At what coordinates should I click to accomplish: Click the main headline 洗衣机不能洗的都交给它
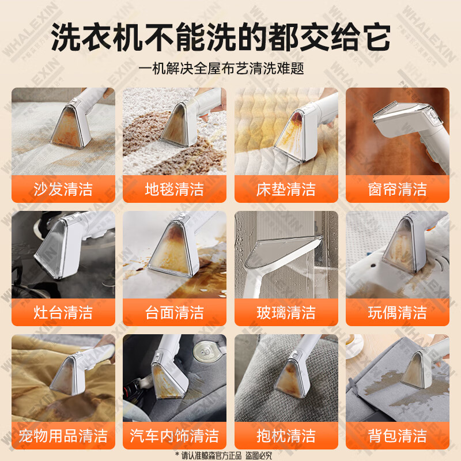pos(221,37)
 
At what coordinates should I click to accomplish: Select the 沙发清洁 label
pos(63,189)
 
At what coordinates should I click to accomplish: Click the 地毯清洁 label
pos(174,189)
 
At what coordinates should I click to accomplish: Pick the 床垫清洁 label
pos(286,189)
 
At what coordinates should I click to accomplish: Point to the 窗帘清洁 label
pos(397,189)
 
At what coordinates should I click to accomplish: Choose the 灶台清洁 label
pos(63,312)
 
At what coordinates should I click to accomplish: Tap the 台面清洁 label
pos(174,312)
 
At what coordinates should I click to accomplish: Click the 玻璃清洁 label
pos(286,312)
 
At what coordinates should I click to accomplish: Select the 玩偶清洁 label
pos(397,312)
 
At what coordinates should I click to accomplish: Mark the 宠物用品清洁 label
pos(63,435)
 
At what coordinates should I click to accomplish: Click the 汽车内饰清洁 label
pos(174,435)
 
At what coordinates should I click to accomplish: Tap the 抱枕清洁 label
pos(286,435)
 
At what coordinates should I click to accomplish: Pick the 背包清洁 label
pos(397,435)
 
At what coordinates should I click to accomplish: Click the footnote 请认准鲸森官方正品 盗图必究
pos(231,455)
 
